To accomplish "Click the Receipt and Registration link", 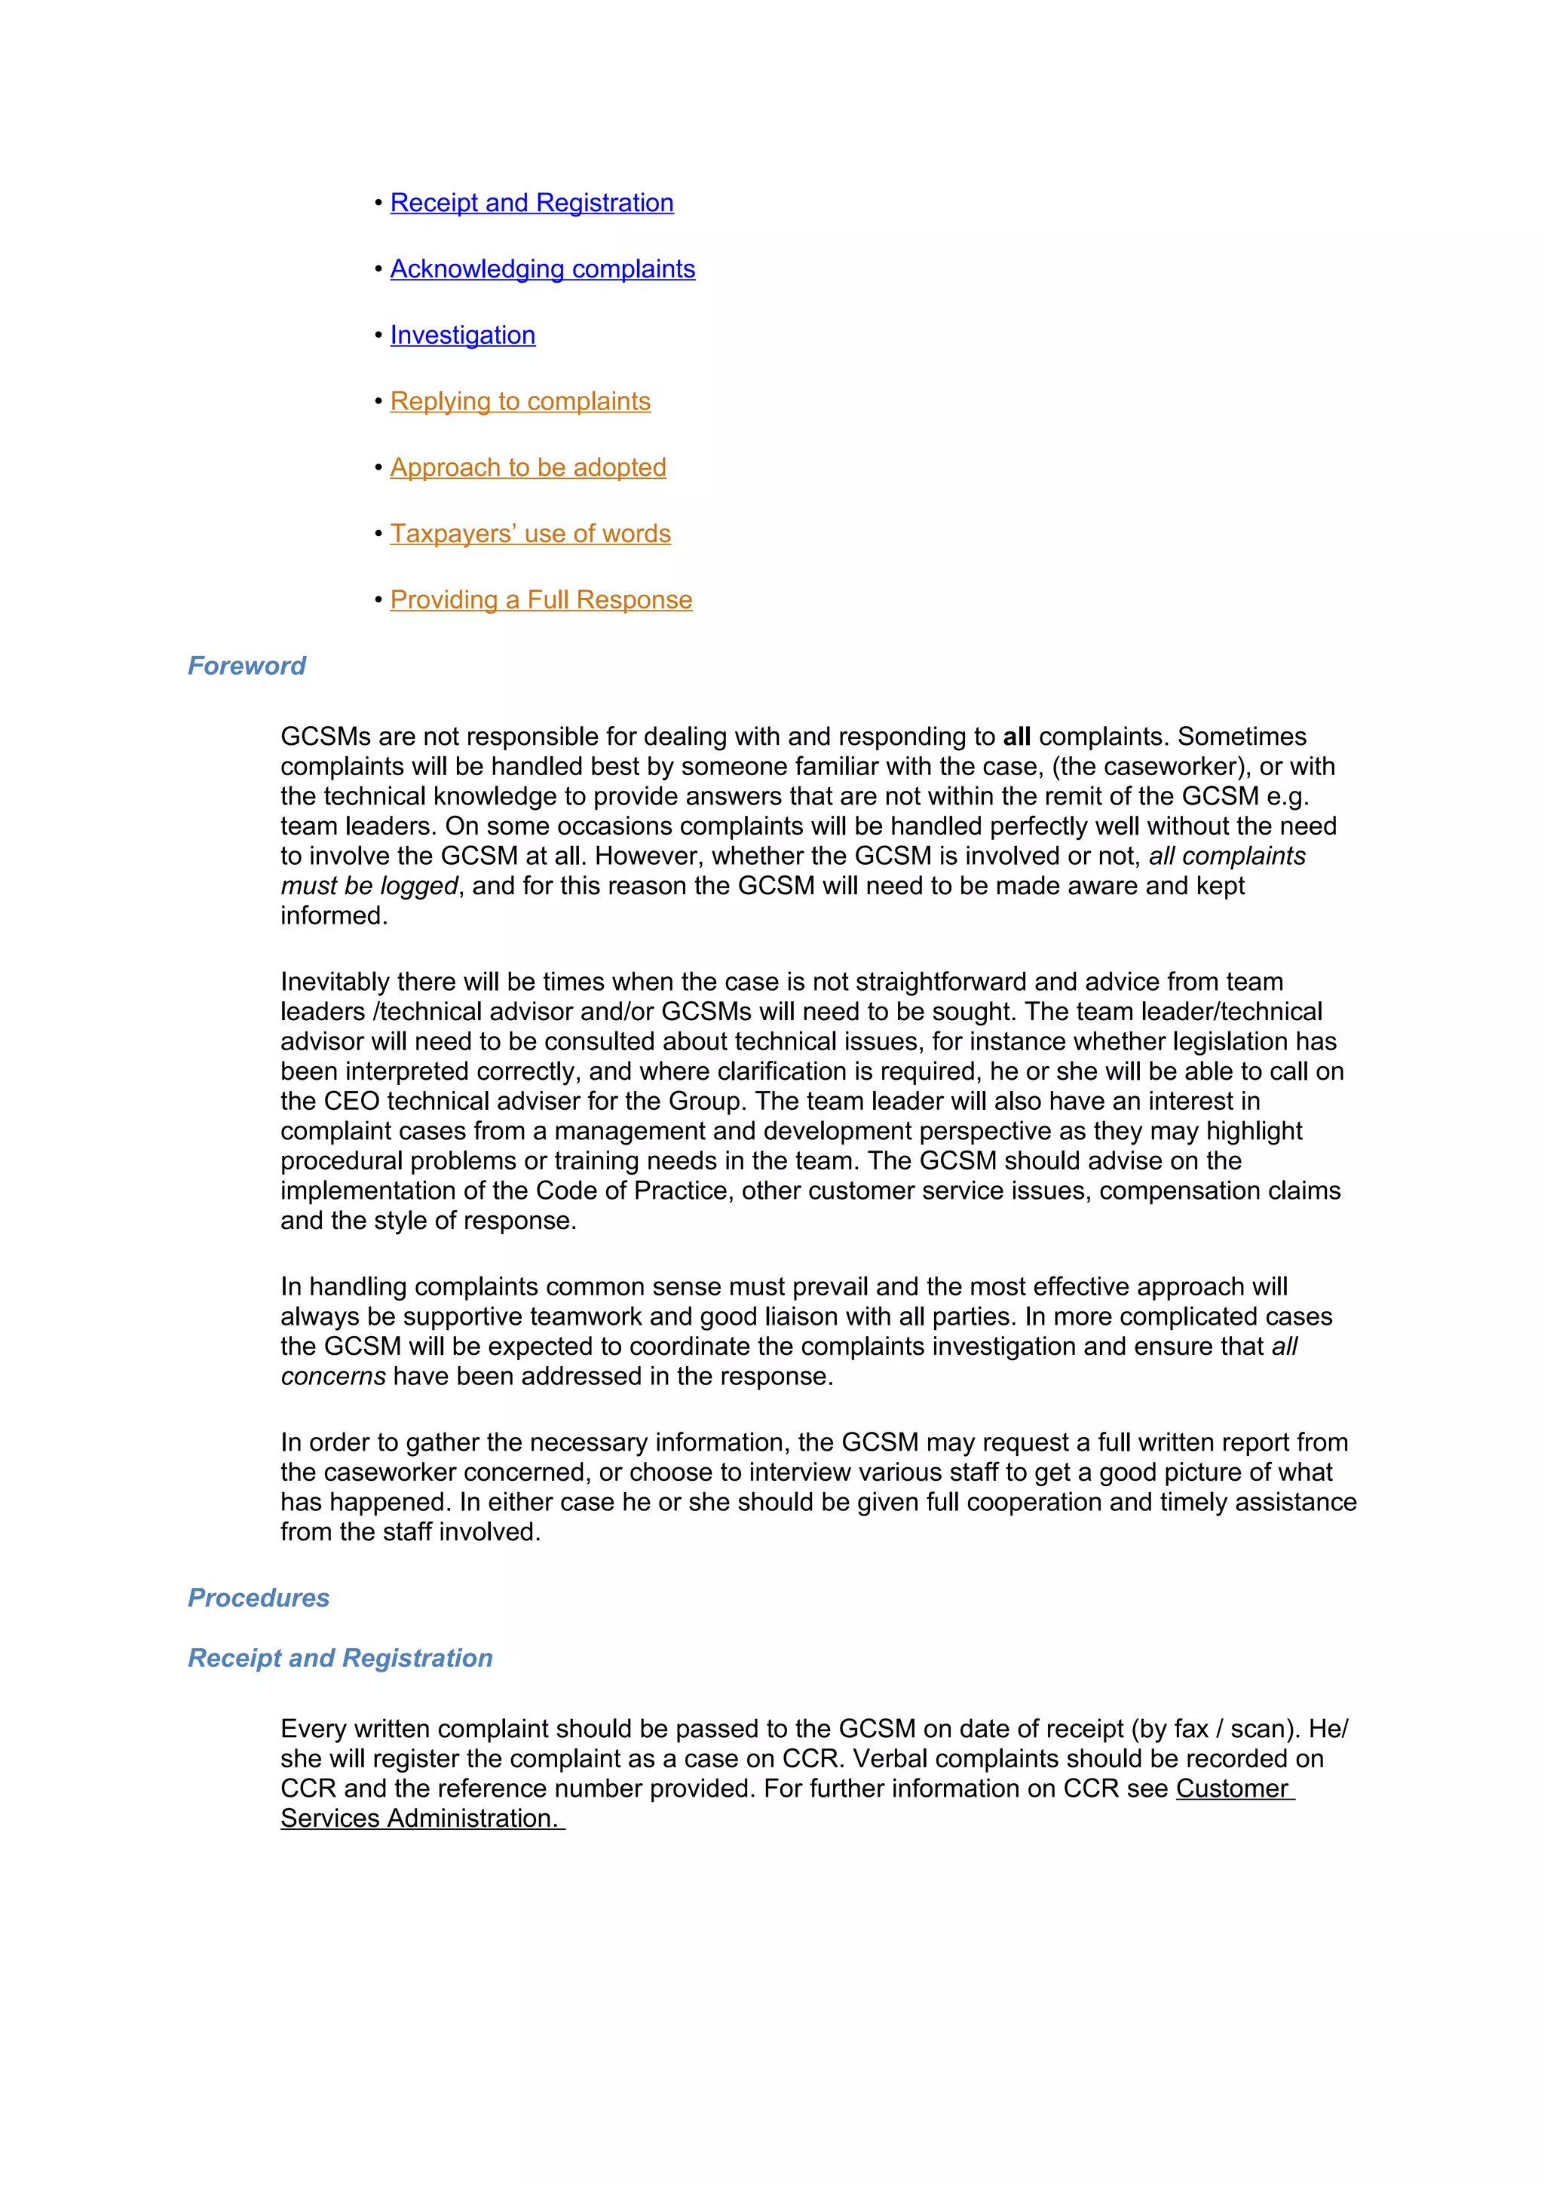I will (x=531, y=203).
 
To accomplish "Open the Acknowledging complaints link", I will (x=542, y=269).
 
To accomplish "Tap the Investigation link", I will (x=462, y=335).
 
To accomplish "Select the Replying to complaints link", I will (x=519, y=402).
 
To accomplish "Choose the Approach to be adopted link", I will (x=527, y=467).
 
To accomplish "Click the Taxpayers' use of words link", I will (x=530, y=534).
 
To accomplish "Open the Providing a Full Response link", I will (x=541, y=599).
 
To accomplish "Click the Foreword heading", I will (x=247, y=665).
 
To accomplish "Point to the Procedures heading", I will (x=258, y=1597).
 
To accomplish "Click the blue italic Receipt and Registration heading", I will (x=339, y=1658).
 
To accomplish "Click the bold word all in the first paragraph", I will (x=1016, y=737).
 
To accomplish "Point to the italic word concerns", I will (x=333, y=1376).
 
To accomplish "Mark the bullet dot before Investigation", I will (x=378, y=335).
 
